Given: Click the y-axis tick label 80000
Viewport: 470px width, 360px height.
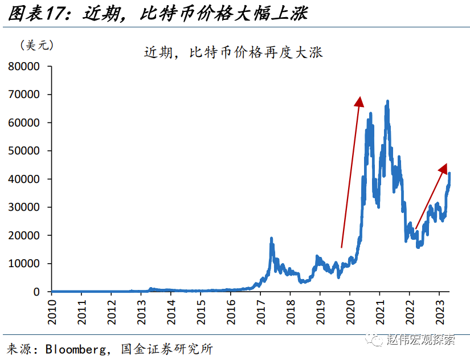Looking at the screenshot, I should click(x=23, y=67).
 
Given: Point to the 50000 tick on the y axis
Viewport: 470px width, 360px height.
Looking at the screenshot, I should click(x=23, y=151).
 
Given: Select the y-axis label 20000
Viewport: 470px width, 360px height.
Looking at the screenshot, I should click(x=23, y=235).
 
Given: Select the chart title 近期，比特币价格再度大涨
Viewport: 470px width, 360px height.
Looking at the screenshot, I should click(x=233, y=53).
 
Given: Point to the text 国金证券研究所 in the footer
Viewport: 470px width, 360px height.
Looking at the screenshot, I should click(x=167, y=348).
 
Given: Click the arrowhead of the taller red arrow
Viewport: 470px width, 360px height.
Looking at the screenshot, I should click(x=359, y=101).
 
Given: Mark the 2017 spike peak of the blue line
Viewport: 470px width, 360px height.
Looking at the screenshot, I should click(x=271, y=239).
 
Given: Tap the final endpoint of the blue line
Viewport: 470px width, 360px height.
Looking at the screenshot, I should click(x=449, y=173).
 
